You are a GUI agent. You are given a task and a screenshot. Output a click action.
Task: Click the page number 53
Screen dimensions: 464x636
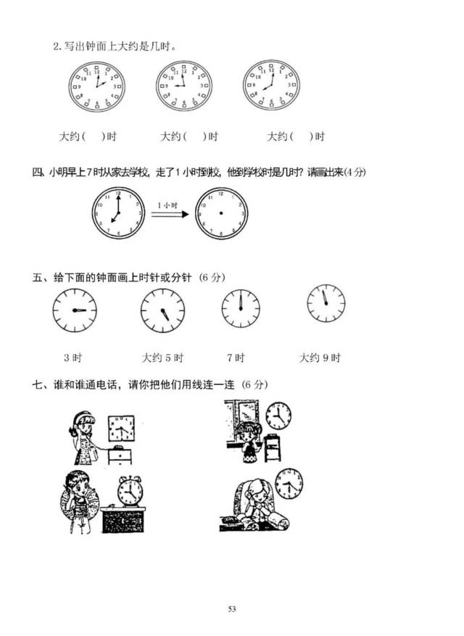coord(232,608)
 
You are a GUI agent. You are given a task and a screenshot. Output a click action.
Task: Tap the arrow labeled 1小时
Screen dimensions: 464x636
coord(170,214)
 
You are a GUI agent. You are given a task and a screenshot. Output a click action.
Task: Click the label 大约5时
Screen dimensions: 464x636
coord(162,358)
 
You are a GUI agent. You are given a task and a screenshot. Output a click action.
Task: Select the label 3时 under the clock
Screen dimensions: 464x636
coord(73,358)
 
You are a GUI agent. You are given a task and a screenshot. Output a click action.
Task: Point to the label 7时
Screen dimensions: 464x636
coord(236,358)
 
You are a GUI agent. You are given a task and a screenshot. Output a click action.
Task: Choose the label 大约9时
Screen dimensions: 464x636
coord(320,358)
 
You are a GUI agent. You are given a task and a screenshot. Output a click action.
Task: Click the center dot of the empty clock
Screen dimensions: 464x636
coord(221,213)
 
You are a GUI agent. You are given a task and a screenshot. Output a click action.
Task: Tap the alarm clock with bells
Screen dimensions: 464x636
coord(130,491)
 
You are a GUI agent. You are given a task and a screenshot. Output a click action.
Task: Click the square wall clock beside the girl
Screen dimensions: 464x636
coord(121,429)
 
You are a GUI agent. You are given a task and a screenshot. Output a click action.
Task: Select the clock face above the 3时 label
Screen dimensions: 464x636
coord(75,310)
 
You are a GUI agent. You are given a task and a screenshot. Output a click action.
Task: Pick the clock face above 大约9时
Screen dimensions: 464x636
coord(326,303)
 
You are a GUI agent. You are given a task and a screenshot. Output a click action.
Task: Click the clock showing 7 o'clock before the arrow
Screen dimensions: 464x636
coord(118,213)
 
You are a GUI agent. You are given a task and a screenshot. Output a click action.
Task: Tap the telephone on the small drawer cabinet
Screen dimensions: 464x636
coord(118,447)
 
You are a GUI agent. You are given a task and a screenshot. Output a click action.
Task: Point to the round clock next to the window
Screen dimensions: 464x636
coord(278,416)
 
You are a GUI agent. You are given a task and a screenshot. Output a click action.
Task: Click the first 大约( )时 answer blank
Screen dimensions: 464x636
coord(88,136)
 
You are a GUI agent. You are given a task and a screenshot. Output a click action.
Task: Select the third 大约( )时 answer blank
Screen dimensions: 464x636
coord(296,136)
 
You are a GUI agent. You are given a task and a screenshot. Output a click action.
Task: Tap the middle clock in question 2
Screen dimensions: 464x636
coord(184,86)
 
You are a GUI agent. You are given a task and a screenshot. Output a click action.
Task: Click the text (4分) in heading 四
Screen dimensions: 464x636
coord(355,172)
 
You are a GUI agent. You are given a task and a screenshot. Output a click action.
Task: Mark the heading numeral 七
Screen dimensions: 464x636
coord(37,384)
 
